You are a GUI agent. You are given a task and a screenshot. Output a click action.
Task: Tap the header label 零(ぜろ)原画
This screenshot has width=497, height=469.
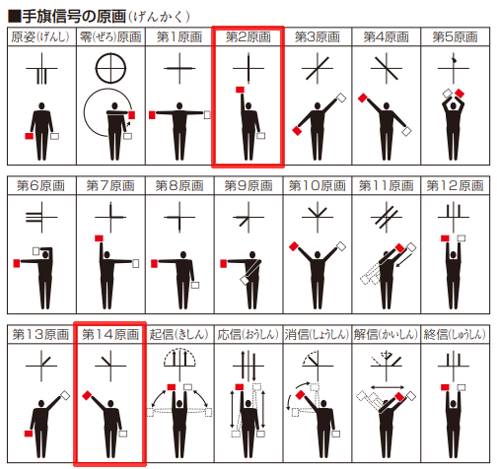(x=110, y=37)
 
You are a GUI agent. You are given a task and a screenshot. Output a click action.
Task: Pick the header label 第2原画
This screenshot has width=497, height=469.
(x=248, y=37)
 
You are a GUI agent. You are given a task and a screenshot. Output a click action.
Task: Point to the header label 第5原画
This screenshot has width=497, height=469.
(x=455, y=37)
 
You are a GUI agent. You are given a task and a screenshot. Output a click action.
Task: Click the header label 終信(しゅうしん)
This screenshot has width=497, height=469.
(x=455, y=335)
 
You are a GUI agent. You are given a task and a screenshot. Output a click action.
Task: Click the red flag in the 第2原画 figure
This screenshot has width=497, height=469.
(x=239, y=92)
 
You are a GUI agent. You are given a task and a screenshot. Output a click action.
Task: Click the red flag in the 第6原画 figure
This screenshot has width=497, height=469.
(x=15, y=264)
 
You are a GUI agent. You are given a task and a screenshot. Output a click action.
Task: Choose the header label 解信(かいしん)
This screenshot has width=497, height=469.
(x=386, y=335)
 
